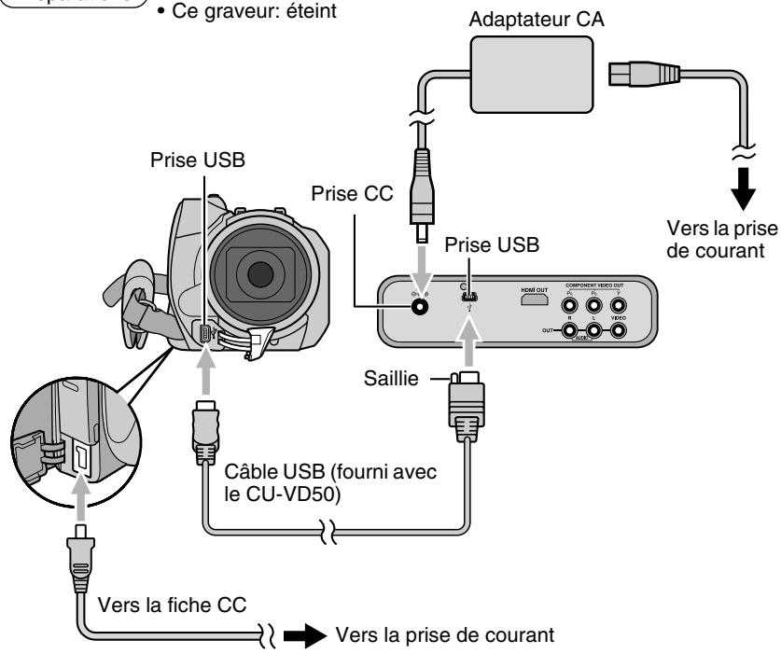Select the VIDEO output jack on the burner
click(620, 332)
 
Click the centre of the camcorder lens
click(260, 272)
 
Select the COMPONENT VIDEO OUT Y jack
click(620, 301)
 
